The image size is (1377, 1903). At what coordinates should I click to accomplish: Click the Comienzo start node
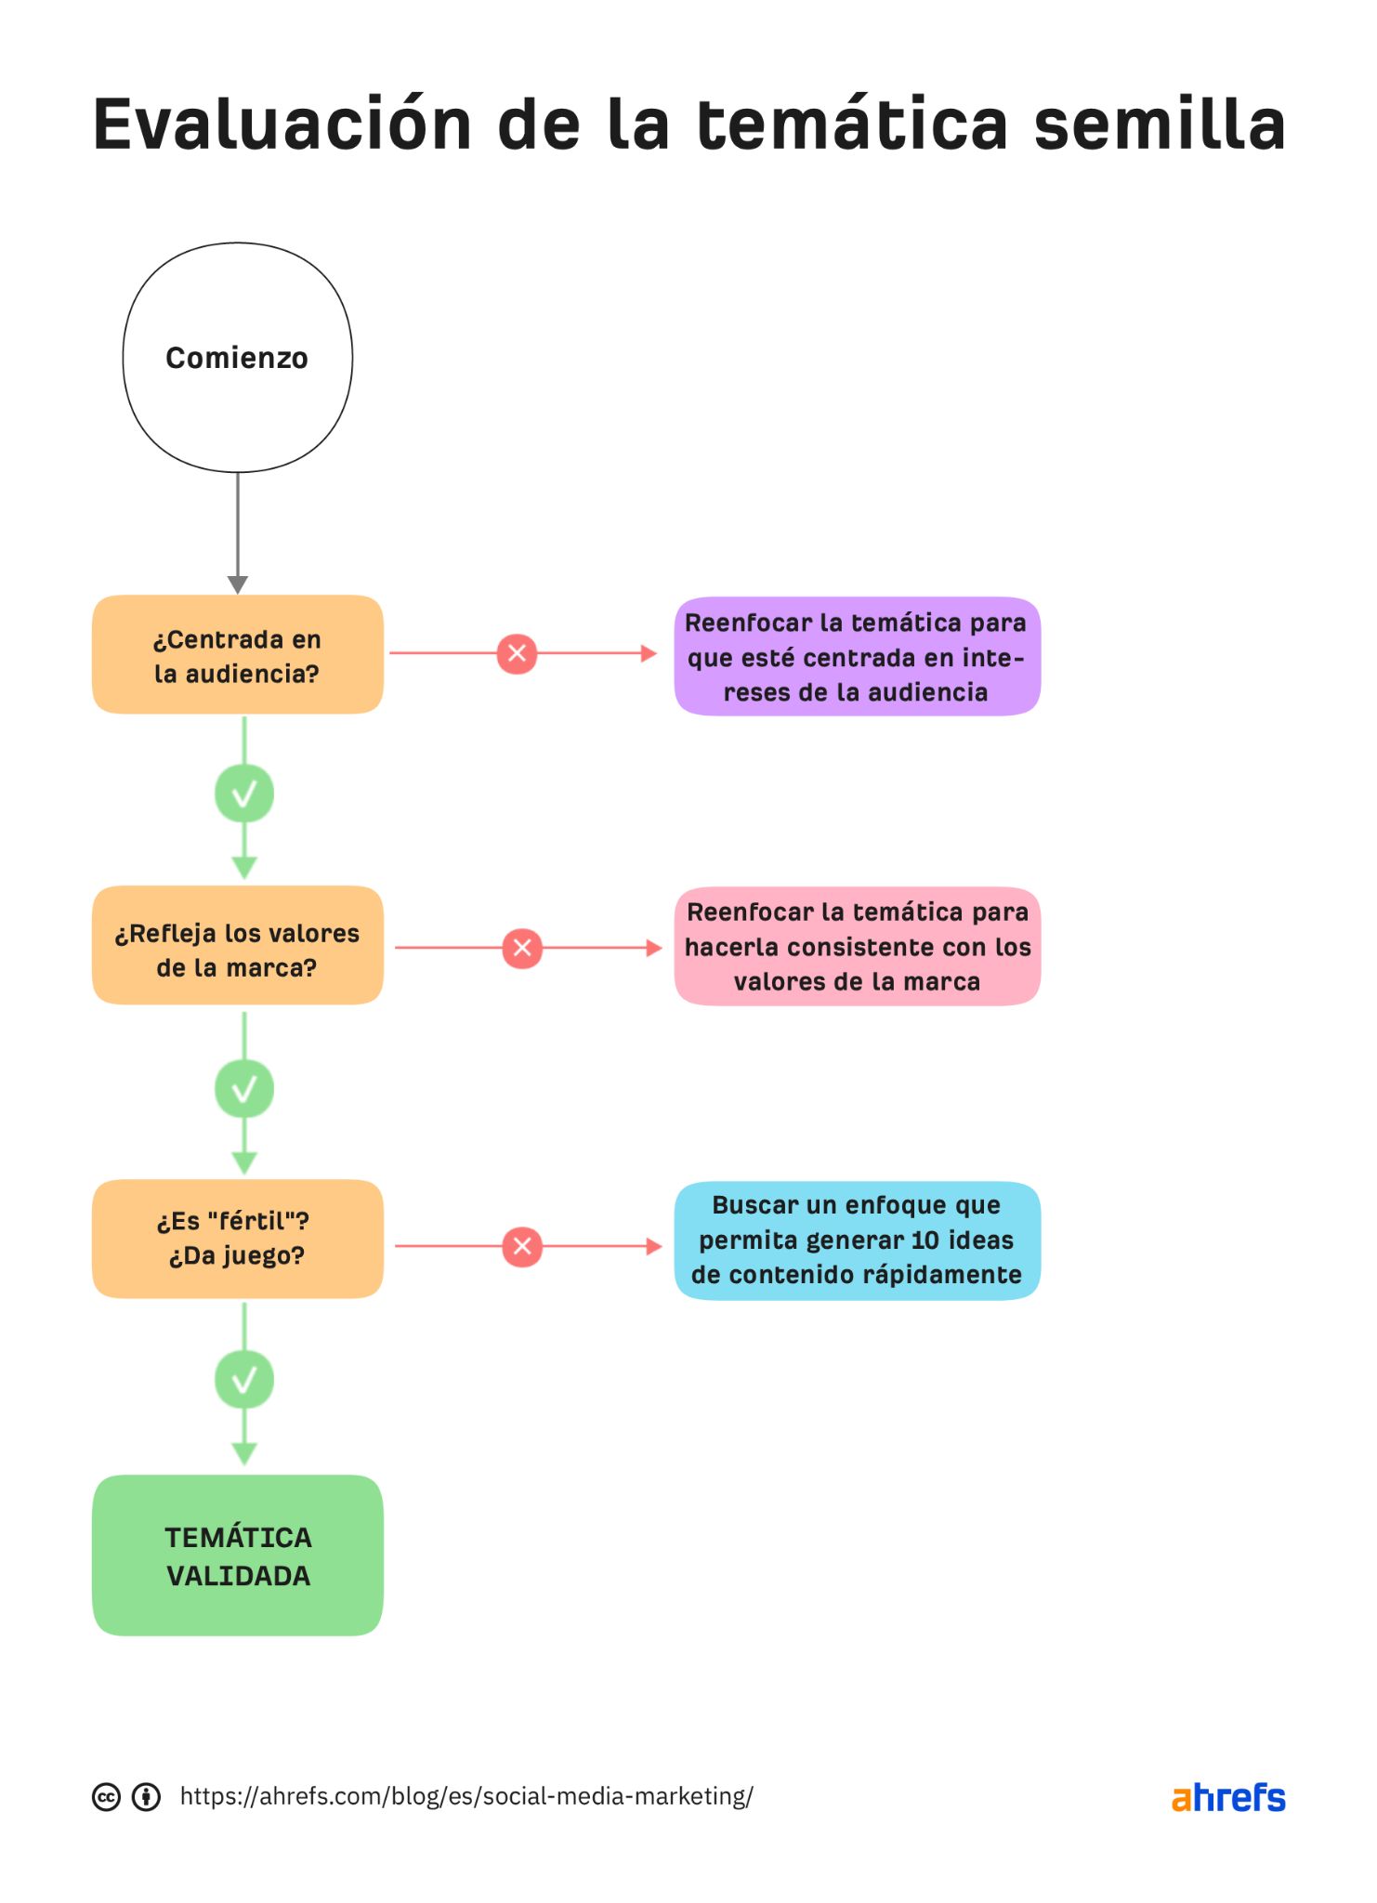[237, 358]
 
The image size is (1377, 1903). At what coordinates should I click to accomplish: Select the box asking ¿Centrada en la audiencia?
[237, 655]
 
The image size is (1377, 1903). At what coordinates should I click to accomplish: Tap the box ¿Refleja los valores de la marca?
[237, 947]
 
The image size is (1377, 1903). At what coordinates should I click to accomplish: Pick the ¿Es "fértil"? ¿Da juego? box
[237, 1239]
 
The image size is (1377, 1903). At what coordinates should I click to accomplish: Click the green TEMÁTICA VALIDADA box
[237, 1555]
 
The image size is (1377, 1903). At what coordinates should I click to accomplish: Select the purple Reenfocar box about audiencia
[857, 657]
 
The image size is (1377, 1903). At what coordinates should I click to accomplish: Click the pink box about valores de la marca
[857, 947]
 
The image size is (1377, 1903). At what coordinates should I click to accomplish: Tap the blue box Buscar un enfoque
[857, 1240]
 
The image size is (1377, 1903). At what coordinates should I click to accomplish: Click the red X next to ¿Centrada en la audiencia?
[517, 653]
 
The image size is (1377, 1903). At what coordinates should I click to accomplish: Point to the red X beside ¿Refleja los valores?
[522, 948]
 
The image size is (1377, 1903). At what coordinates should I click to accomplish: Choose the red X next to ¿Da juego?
[522, 1246]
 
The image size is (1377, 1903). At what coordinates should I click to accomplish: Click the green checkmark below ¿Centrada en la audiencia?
[244, 794]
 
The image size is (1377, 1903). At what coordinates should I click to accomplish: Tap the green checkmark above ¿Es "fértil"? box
[244, 1088]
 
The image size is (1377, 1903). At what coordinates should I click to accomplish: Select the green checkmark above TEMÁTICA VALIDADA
[244, 1380]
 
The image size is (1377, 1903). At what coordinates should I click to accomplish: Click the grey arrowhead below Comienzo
[238, 584]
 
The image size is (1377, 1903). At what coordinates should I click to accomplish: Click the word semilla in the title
[1159, 125]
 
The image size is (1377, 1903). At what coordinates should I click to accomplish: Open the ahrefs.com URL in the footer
[466, 1796]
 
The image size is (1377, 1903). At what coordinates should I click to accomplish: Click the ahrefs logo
[1227, 1798]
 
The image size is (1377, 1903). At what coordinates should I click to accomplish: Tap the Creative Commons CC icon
[107, 1797]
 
